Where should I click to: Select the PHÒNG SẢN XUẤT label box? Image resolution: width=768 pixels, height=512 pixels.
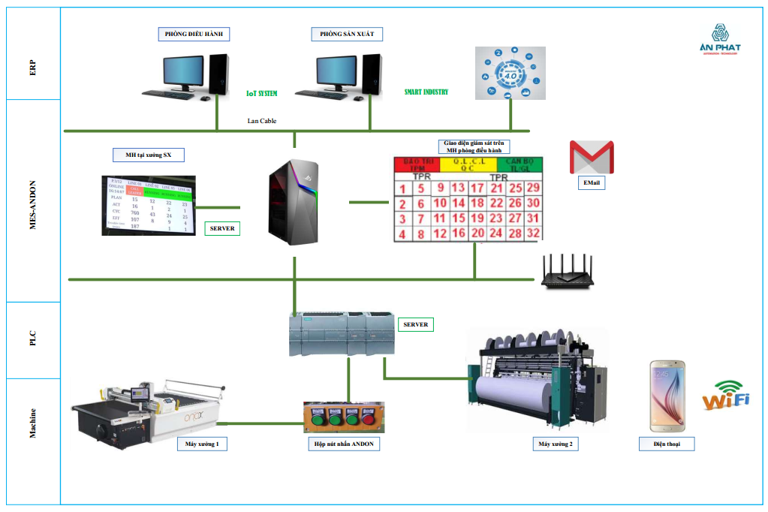[346, 34]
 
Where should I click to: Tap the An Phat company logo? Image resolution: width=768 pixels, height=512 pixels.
[719, 39]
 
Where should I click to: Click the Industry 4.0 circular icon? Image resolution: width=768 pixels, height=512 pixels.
[511, 73]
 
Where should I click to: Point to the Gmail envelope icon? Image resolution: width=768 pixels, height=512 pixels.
[591, 156]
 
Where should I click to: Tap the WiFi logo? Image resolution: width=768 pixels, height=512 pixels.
[725, 396]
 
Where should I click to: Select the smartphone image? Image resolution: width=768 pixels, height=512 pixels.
[667, 396]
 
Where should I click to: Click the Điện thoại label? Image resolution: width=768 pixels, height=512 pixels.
[667, 444]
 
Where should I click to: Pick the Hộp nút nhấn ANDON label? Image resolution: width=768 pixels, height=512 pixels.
[343, 444]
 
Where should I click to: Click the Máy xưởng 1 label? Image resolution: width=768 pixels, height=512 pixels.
[203, 444]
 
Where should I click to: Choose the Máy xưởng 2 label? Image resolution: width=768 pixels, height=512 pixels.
[555, 444]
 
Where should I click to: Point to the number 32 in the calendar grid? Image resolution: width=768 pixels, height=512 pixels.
[533, 233]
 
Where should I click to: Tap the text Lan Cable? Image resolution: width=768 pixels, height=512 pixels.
[262, 120]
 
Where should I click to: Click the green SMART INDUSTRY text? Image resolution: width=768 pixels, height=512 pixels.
[426, 92]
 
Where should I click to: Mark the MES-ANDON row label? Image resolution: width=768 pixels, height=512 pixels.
[32, 201]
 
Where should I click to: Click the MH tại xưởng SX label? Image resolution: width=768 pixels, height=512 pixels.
[148, 155]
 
